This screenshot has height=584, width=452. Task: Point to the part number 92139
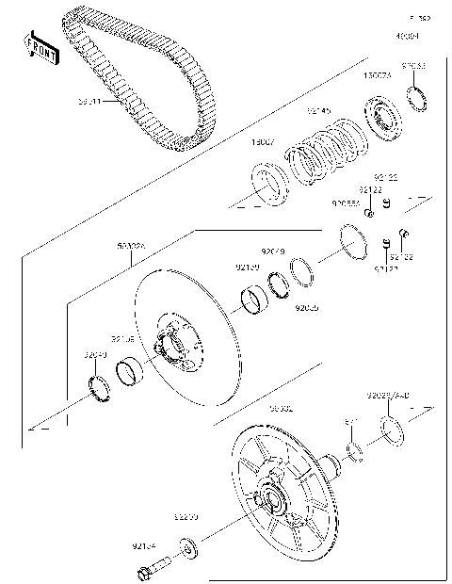pyautogui.click(x=247, y=268)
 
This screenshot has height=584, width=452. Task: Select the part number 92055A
pyautogui.click(x=346, y=202)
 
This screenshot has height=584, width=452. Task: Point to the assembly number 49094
pyautogui.click(x=407, y=36)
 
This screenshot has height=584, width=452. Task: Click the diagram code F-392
pyautogui.click(x=419, y=18)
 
